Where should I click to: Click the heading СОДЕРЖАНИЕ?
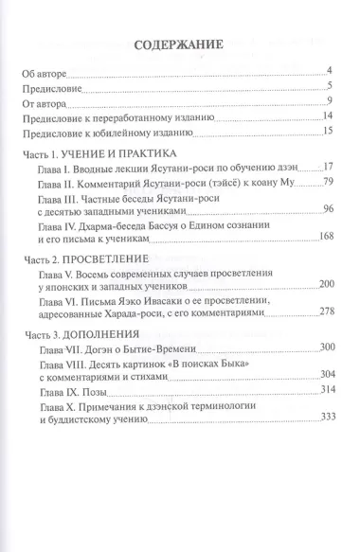coord(178,44)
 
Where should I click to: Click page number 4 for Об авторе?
coord(326,71)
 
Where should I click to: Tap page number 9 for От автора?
coord(326,101)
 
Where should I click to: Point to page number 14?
coord(323,116)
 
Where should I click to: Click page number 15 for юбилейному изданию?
coord(323,132)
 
